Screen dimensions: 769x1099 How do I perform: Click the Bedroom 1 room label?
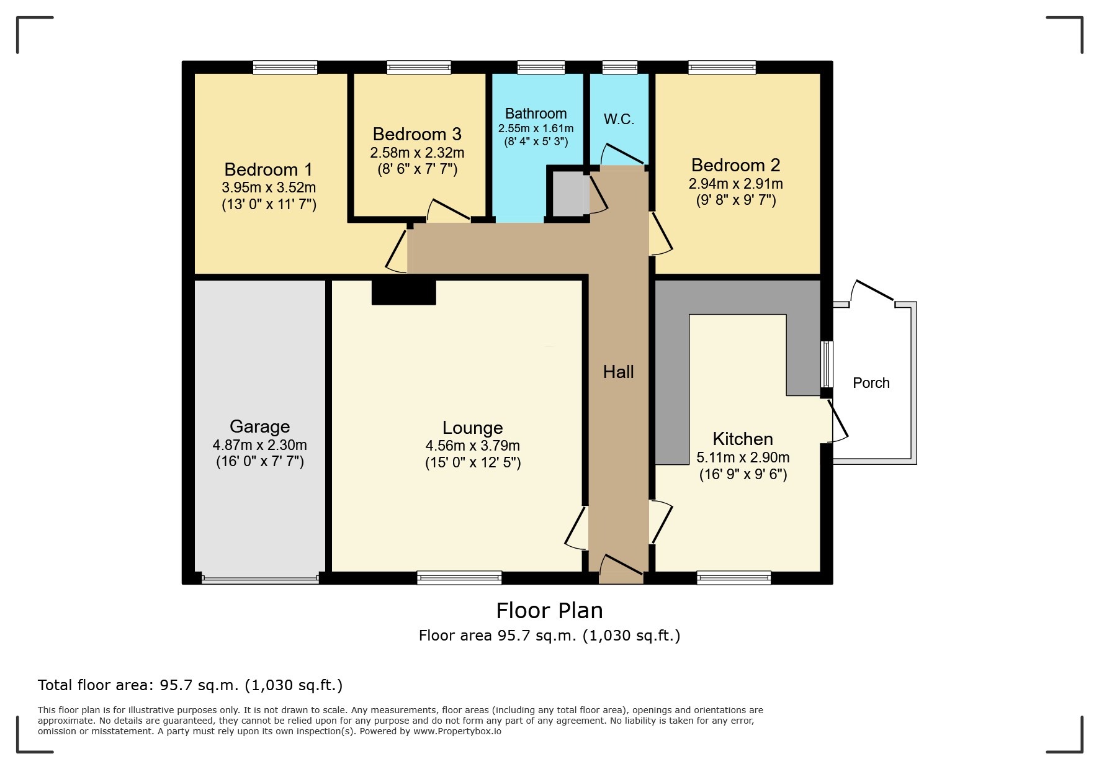point(268,169)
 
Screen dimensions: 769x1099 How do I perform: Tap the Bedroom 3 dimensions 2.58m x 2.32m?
point(417,153)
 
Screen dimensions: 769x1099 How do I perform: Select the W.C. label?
point(619,119)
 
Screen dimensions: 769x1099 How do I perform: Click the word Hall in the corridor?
point(618,372)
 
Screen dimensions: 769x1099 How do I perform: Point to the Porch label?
point(871,383)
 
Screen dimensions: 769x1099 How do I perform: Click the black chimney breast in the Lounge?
point(403,292)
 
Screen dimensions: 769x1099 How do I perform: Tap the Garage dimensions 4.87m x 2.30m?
point(259,445)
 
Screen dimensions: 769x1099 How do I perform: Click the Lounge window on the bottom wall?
point(459,578)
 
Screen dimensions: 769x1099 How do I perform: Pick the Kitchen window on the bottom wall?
point(733,578)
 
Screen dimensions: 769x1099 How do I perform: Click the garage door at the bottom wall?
point(260,580)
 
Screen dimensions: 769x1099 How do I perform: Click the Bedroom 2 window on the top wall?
point(722,67)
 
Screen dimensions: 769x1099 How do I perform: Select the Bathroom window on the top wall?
point(541,67)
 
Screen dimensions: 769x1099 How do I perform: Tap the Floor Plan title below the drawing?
point(549,611)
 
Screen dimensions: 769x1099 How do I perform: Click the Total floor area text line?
point(190,685)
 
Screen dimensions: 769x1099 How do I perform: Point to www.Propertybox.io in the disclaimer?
point(457,731)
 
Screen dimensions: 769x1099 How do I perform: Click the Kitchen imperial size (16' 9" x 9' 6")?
point(743,475)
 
